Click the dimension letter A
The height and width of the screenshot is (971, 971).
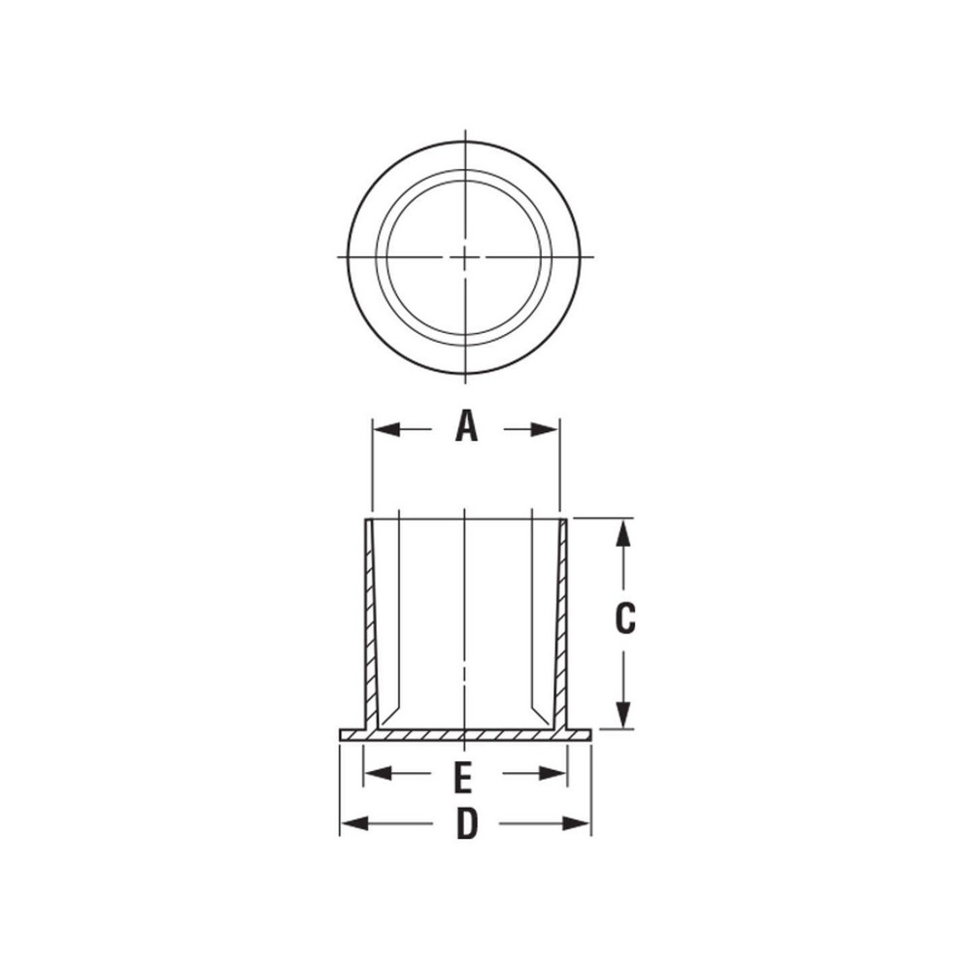tap(467, 426)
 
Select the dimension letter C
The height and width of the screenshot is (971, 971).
tap(625, 619)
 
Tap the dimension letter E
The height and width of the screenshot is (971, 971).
tap(464, 776)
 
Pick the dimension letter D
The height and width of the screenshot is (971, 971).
tap(467, 824)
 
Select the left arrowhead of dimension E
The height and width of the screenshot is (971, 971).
tap(375, 773)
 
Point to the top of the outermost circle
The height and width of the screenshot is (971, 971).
tap(466, 141)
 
